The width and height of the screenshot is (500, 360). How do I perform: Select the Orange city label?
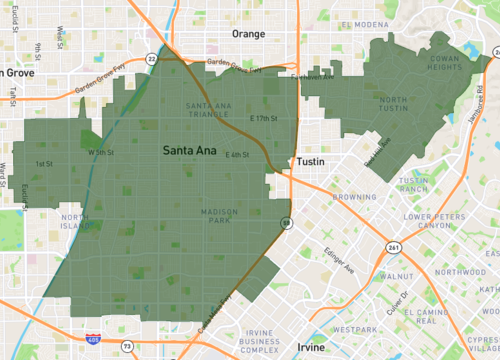click(248, 33)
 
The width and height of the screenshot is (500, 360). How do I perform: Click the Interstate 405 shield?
click(92, 341)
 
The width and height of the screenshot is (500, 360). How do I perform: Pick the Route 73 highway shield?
click(127, 346)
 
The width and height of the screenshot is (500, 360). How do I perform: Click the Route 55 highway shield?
click(286, 222)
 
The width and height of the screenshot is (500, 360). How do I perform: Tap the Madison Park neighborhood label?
click(218, 218)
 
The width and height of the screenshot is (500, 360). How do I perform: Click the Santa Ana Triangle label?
click(208, 109)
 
